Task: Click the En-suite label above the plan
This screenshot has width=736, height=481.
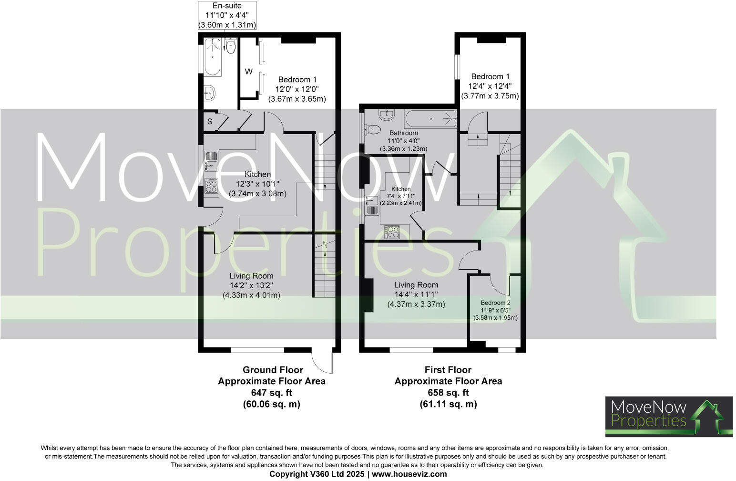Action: [x=227, y=6]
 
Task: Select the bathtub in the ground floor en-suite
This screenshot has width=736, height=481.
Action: [x=213, y=58]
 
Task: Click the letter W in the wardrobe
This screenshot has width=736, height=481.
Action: [x=248, y=72]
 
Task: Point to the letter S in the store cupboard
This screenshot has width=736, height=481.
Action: [x=209, y=122]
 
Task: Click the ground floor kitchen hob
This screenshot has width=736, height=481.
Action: [x=211, y=186]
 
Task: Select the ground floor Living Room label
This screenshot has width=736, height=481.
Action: [x=251, y=276]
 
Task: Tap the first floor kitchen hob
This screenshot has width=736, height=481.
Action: [x=392, y=231]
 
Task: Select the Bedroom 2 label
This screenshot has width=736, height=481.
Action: [x=495, y=303]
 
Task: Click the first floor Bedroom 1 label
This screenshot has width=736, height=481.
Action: [x=490, y=76]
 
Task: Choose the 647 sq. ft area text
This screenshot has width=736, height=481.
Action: [x=272, y=393]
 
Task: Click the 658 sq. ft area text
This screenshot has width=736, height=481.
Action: [x=448, y=393]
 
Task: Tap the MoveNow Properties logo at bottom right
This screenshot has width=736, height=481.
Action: [x=669, y=416]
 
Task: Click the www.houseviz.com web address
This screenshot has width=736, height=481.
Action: [x=409, y=474]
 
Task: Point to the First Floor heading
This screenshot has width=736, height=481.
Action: [x=448, y=370]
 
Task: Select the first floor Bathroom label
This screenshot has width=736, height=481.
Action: [x=403, y=133]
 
